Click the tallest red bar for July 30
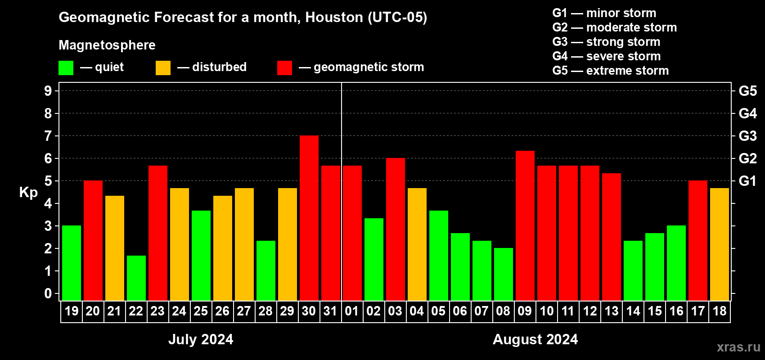click(x=309, y=218)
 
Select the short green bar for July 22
click(x=136, y=278)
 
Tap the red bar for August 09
click(x=525, y=225)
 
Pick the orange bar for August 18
click(x=720, y=244)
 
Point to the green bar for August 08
click(x=504, y=274)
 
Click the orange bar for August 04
click(x=417, y=244)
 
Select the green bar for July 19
click(x=72, y=263)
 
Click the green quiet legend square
click(x=66, y=68)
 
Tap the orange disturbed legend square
click(x=163, y=68)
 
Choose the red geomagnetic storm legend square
click(x=284, y=68)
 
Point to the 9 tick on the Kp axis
click(x=48, y=91)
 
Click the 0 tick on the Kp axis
click(x=48, y=293)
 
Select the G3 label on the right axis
click(x=747, y=136)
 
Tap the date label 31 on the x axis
click(x=330, y=311)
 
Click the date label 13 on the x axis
click(x=612, y=311)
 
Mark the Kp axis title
click(x=28, y=192)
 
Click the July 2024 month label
click(x=201, y=339)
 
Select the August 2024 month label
click(x=535, y=339)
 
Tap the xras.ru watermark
click(x=738, y=347)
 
